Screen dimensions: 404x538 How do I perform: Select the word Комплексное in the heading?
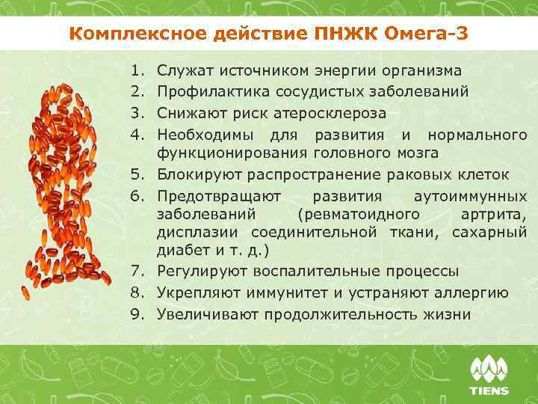(x=128, y=34)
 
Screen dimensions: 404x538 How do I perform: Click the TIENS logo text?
(x=489, y=390)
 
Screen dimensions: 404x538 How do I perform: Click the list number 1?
(x=137, y=71)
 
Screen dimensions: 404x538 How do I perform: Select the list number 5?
(x=137, y=176)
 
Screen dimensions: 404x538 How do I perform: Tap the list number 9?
(x=137, y=314)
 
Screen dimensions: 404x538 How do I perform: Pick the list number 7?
(x=137, y=272)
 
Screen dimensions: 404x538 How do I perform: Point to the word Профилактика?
(x=203, y=92)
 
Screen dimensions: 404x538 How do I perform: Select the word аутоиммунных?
(x=469, y=197)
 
